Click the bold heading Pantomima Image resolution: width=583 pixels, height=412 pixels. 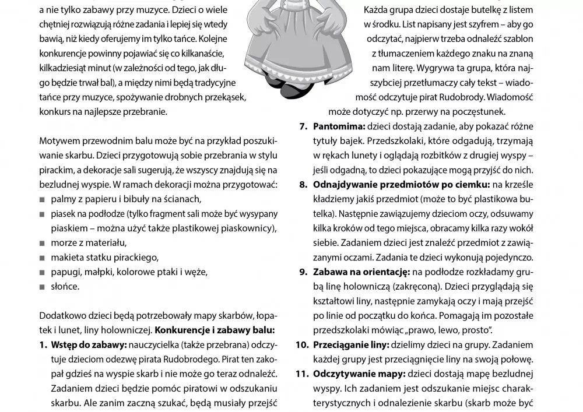[338, 126]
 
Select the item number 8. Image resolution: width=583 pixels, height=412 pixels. [303, 185]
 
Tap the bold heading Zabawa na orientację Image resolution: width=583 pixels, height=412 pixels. [361, 272]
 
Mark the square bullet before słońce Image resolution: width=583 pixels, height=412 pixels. [43, 287]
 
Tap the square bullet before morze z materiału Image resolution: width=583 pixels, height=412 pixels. [43, 243]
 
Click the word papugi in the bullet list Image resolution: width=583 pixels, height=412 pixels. [65, 272]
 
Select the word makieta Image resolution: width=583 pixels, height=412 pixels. [67, 257]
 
